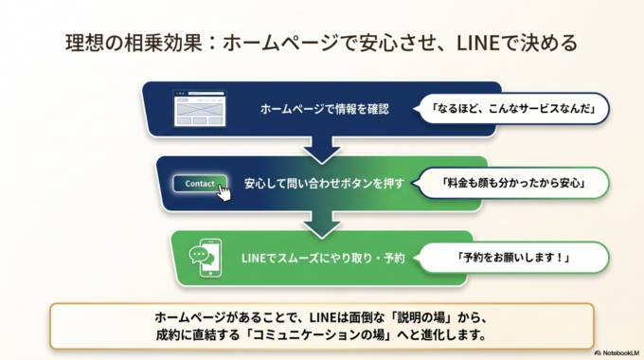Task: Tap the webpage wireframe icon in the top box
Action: pos(193,107)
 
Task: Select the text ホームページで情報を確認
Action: pos(325,108)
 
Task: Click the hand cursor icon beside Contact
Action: pos(224,190)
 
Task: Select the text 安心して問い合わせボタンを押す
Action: pos(325,183)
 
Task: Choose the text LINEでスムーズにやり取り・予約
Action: pos(325,258)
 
